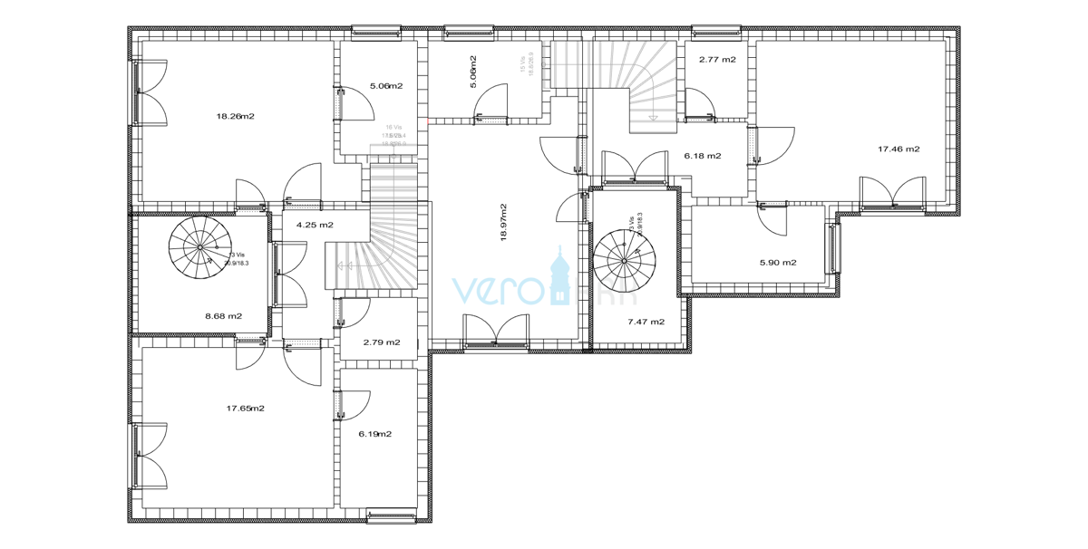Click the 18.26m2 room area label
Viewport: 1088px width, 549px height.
235,116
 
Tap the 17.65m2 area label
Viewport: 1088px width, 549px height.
245,409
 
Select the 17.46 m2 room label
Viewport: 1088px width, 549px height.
899,149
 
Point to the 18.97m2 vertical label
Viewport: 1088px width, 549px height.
503,221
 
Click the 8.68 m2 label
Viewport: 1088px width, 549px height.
223,316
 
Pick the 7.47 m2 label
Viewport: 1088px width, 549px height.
646,322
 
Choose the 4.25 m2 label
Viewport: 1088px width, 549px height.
314,225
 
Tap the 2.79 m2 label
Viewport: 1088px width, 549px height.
381,342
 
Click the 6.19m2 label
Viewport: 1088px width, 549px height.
374,434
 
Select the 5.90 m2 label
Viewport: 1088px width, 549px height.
778,263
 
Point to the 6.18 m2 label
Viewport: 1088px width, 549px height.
702,156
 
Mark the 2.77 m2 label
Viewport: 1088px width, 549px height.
716,59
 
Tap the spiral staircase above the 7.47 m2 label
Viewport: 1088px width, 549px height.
625,259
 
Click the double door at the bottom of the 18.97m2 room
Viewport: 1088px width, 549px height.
495,330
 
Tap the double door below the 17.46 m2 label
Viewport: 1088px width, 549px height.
893,193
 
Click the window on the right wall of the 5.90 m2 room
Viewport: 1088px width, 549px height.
833,247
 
